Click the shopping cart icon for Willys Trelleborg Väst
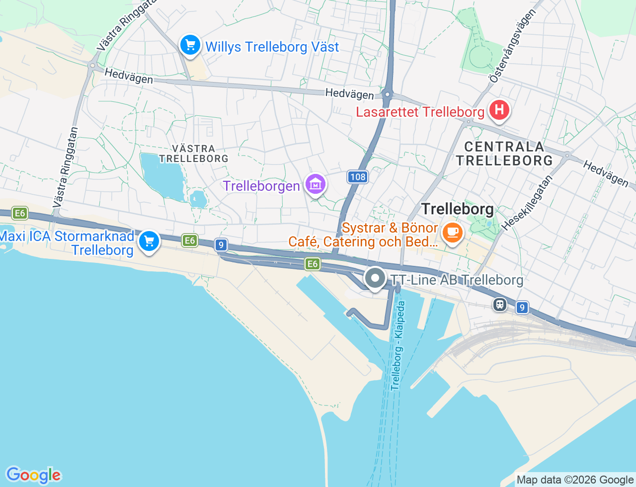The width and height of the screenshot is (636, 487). tap(190, 46)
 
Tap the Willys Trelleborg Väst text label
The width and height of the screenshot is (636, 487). tap(272, 47)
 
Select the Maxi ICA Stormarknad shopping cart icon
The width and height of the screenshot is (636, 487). tap(149, 242)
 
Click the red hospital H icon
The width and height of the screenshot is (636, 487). tap(499, 109)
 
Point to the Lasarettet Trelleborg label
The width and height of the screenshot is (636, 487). tap(420, 112)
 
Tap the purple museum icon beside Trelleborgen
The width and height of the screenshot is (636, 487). tap(316, 185)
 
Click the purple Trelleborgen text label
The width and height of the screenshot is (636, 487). tap(261, 186)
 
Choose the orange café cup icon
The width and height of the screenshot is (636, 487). tap(452, 232)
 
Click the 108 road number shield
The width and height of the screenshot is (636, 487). tap(357, 176)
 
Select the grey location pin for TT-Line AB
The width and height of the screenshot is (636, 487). tap(375, 278)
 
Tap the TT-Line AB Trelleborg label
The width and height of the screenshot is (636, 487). tap(457, 280)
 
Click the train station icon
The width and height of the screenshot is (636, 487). tap(500, 304)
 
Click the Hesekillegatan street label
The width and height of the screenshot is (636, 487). tap(527, 202)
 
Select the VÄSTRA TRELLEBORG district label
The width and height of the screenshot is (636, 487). tap(193, 154)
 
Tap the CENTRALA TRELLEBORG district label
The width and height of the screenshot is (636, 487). tap(504, 154)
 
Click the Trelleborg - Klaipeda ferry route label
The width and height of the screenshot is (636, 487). tap(398, 346)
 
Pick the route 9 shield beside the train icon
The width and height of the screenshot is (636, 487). tap(521, 308)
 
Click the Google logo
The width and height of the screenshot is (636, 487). tap(33, 476)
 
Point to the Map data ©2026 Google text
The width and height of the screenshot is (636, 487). tap(575, 480)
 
